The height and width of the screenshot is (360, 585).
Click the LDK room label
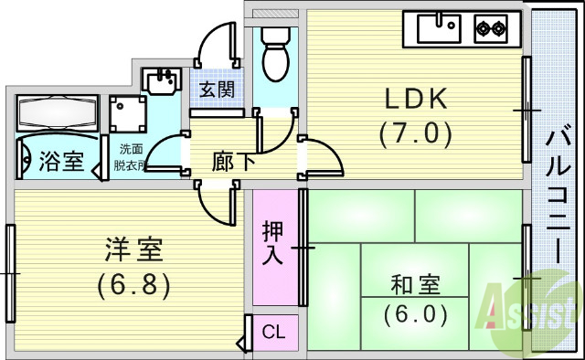click(415, 98)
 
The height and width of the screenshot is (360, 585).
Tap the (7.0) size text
click(416, 134)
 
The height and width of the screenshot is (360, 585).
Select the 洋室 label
click(133, 249)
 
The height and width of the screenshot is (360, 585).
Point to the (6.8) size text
click(134, 284)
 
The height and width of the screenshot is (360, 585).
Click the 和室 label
click(415, 284)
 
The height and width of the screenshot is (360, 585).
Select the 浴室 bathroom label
click(61, 162)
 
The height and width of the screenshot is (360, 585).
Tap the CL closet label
click(272, 332)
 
